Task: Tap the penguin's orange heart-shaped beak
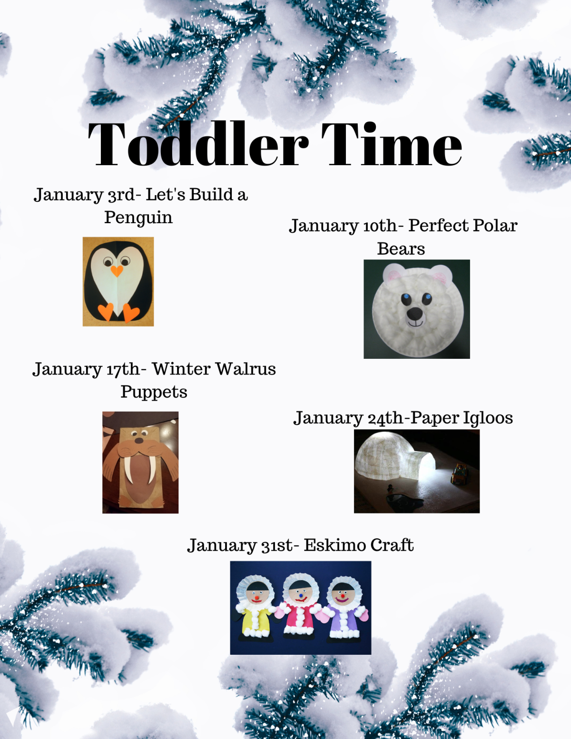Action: point(117,271)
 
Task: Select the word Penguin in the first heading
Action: point(138,217)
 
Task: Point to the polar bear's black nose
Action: point(415,314)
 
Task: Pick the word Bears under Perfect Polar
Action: point(401,248)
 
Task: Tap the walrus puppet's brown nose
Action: point(139,440)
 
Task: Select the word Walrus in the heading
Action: point(246,369)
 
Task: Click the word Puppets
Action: point(154,392)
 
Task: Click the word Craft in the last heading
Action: point(392,545)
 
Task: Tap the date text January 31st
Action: point(240,546)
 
